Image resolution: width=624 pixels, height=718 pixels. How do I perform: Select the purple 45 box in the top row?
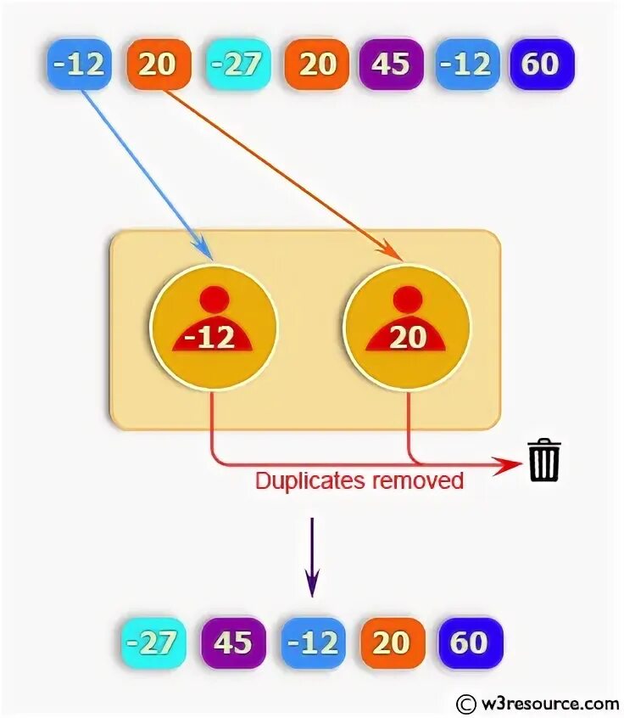(x=392, y=65)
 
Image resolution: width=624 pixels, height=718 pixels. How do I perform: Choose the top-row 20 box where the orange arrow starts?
(x=159, y=65)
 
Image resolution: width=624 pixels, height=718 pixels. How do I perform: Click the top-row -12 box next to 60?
(x=467, y=65)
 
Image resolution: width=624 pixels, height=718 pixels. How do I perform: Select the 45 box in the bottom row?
(x=233, y=642)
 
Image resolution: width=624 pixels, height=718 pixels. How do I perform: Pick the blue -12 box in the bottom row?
(x=313, y=642)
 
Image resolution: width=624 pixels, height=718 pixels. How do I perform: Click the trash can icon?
(x=544, y=460)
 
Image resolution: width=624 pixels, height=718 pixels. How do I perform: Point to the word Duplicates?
(x=309, y=481)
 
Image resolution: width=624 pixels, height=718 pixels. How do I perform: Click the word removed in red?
(x=415, y=481)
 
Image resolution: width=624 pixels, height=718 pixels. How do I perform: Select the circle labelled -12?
(x=214, y=328)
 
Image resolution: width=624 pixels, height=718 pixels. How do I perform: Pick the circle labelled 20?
(x=407, y=328)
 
